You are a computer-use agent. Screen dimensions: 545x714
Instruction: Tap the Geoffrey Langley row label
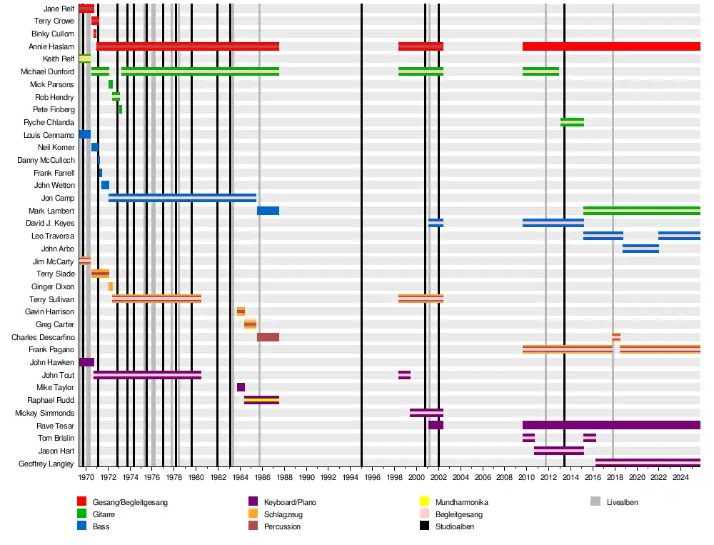[x=46, y=464]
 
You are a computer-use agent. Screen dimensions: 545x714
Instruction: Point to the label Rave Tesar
[x=55, y=426]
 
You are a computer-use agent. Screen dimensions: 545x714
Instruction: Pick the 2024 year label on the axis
[x=681, y=477]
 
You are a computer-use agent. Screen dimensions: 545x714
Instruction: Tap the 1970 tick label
[x=86, y=477]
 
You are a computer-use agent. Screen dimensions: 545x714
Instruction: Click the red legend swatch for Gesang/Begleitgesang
[x=82, y=502]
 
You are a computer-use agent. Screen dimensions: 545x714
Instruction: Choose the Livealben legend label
[x=622, y=502]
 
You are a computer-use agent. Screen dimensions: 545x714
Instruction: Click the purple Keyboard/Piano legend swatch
[x=253, y=502]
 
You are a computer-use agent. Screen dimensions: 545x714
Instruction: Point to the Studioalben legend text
[x=455, y=526]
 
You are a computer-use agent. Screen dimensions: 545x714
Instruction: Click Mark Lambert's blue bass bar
[x=268, y=211]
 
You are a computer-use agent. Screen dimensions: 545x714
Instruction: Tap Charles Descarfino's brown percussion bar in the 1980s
[x=268, y=337]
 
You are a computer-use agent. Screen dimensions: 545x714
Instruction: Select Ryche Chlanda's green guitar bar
[x=572, y=122]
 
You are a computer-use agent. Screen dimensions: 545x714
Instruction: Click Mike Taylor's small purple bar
[x=241, y=387]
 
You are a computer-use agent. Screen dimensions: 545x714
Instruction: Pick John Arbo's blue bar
[x=640, y=249]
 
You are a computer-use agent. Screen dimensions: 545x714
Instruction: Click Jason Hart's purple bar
[x=558, y=451]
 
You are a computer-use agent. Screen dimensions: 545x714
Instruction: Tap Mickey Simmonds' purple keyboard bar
[x=426, y=413]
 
